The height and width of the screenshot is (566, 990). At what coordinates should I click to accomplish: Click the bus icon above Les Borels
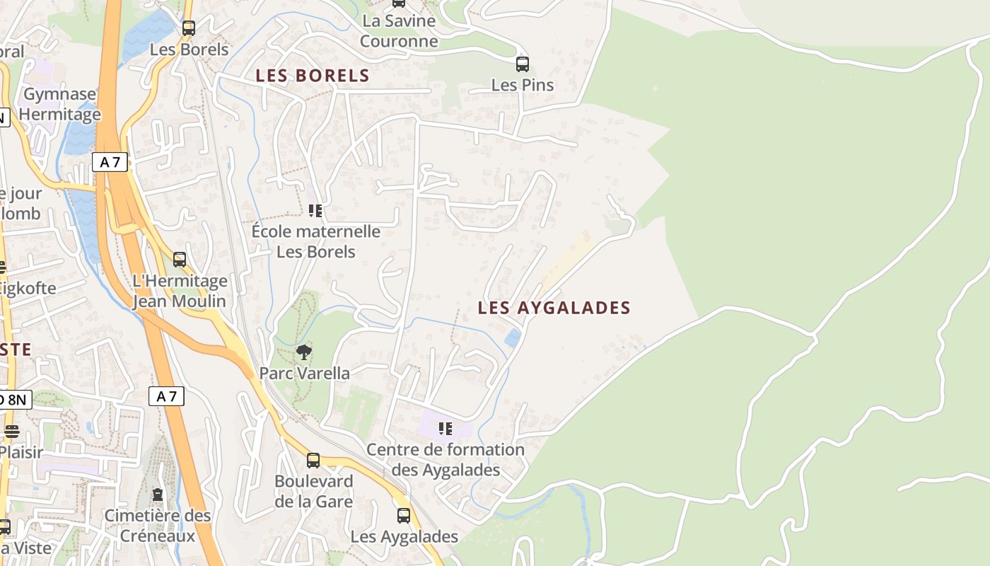188,28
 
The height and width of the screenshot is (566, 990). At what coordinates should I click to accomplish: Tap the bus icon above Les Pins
523,64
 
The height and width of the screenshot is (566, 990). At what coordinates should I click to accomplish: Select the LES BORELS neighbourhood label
313,76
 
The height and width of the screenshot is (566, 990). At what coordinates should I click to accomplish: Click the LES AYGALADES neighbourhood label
554,308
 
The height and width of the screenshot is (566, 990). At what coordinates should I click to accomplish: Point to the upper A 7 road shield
110,162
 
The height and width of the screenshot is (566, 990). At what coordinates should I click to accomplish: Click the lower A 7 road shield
166,396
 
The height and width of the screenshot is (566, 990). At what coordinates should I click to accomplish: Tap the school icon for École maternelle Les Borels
315,210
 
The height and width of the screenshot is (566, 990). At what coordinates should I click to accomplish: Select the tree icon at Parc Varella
304,352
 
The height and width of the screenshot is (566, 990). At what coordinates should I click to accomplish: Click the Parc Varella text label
304,373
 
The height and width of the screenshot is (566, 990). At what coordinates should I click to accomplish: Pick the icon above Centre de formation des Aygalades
445,428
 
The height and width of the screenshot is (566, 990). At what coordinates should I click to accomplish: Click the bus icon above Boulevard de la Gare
313,461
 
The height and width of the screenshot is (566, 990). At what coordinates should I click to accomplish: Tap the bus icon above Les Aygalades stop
404,516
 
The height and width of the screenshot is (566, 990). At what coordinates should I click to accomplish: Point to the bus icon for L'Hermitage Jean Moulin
180,260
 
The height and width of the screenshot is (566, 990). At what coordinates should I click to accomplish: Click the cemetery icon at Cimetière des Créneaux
158,494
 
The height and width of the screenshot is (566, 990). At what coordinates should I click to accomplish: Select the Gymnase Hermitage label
59,104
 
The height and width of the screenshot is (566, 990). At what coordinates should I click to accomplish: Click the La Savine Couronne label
399,31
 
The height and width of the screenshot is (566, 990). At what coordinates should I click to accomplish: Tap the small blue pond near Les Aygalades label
513,337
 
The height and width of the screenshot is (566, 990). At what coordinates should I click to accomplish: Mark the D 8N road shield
14,399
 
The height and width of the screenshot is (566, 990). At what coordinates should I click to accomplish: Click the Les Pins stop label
523,85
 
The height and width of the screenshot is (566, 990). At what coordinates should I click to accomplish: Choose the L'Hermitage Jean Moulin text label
180,291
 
